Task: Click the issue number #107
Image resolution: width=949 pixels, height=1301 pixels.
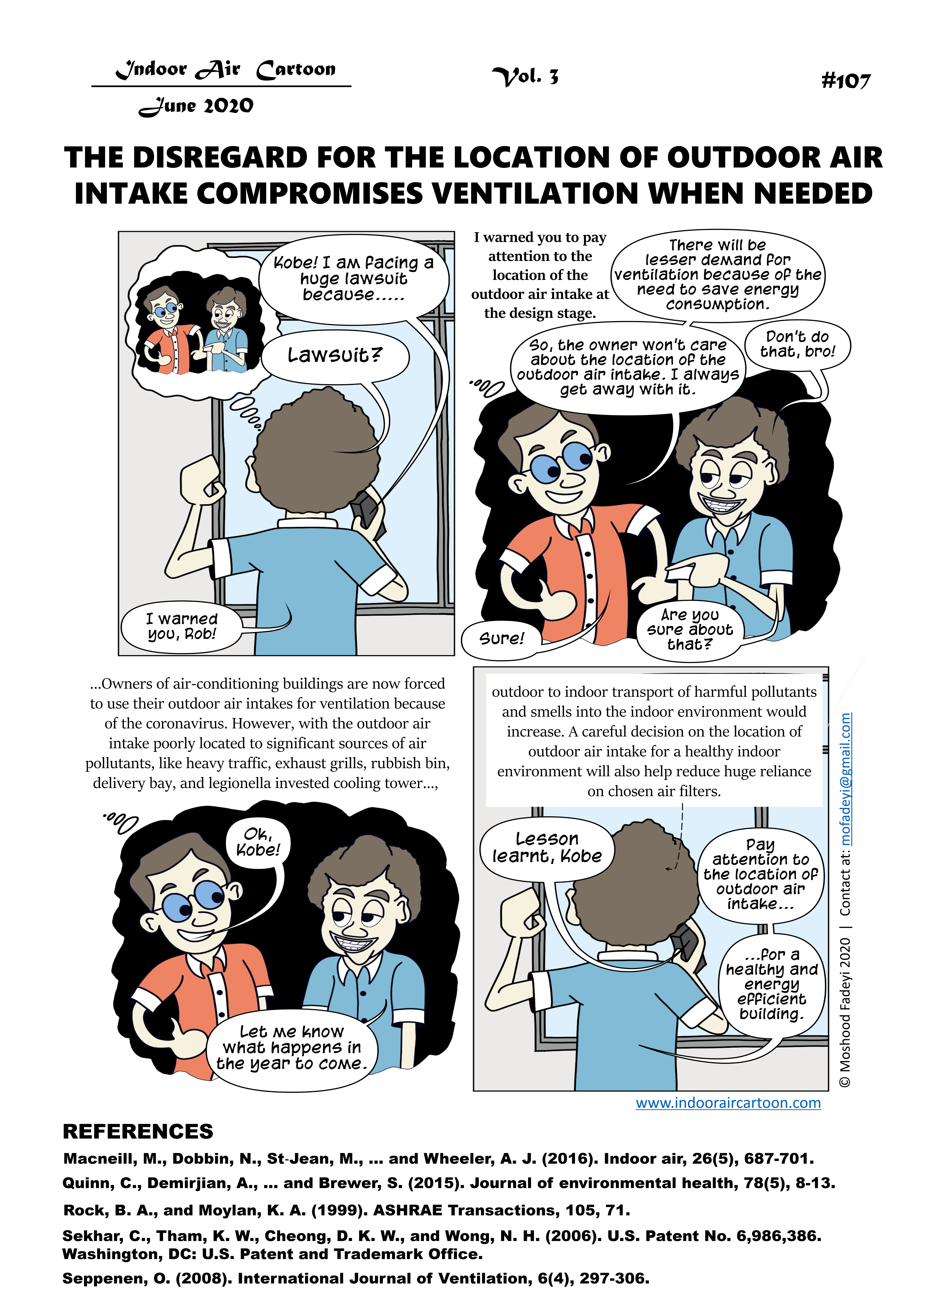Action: click(x=846, y=81)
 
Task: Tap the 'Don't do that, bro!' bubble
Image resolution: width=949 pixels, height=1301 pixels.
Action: click(x=797, y=344)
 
